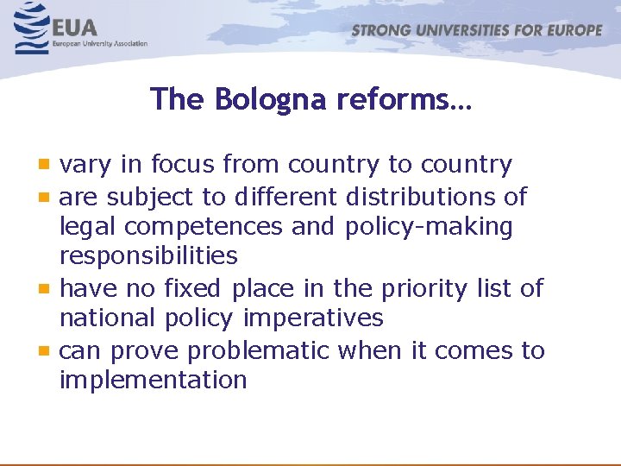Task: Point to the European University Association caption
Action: coord(100,44)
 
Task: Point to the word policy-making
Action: coord(429,227)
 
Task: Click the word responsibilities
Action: coord(148,256)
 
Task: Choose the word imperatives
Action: coord(313,318)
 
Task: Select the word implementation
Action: coord(154,380)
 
